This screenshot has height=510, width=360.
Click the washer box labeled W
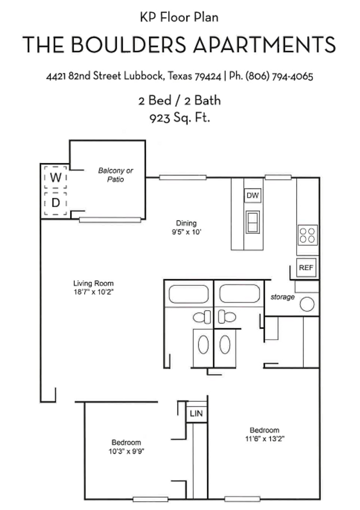click(56, 178)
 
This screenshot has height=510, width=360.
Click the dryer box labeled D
click(56, 204)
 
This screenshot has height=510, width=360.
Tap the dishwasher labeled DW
click(253, 195)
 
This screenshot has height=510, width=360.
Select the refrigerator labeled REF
click(305, 268)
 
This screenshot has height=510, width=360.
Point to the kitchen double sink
click(253, 222)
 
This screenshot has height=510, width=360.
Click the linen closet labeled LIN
click(196, 414)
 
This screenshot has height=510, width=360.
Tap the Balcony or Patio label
click(116, 175)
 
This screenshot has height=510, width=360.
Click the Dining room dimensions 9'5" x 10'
click(186, 232)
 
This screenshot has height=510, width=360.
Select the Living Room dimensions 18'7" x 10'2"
click(93, 292)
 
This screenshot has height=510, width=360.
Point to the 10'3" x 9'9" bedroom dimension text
click(126, 450)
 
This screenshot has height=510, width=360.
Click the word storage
click(283, 297)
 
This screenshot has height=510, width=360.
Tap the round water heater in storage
click(307, 304)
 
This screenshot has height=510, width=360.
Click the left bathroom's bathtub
click(189, 294)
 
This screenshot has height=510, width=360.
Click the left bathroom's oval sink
click(203, 344)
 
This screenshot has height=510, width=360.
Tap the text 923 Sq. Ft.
click(180, 118)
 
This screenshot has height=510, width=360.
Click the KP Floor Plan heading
click(179, 17)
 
